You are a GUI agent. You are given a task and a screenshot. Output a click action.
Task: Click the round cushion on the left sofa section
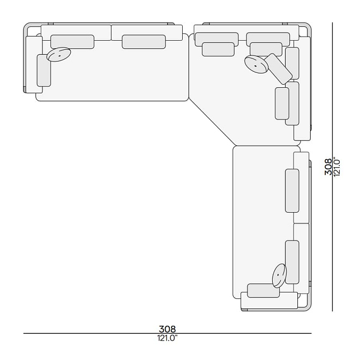(58, 55)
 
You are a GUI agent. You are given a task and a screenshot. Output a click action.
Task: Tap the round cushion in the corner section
(257, 64)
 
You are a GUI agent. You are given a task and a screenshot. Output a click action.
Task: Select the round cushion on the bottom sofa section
(279, 275)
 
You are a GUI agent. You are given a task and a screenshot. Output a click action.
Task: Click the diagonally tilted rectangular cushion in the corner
(278, 69)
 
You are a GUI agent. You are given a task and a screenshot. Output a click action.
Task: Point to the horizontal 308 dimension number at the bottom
(167, 329)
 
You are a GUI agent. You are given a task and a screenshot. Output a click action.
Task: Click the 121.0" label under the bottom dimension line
(167, 338)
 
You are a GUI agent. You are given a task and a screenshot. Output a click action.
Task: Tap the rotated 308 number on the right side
(328, 167)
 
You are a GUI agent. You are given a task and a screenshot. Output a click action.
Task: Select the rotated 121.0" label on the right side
(337, 167)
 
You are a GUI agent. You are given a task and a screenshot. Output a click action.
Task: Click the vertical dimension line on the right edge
(333, 167)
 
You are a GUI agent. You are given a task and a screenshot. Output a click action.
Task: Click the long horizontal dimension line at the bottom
(167, 333)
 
